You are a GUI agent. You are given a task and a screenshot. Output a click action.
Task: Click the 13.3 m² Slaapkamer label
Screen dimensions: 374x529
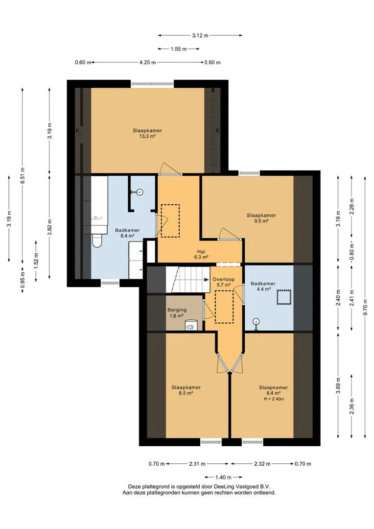pyautogui.click(x=147, y=133)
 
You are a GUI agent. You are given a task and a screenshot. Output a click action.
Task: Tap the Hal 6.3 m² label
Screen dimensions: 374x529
pyautogui.click(x=201, y=254)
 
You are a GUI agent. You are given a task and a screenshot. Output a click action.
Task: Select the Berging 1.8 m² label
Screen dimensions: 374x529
pyautogui.click(x=177, y=313)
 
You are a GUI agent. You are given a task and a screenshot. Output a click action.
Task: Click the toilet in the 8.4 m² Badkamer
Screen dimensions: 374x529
pyautogui.click(x=96, y=240)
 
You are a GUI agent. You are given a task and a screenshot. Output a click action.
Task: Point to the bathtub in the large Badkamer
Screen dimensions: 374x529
pyautogui.click(x=99, y=204)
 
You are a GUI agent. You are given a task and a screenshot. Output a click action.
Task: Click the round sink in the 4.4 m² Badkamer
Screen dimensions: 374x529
pyautogui.click(x=257, y=322)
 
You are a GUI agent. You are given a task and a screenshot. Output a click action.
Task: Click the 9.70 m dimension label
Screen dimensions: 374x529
pyautogui.click(x=365, y=308)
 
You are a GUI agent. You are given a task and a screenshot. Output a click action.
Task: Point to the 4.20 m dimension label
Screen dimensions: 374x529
pyautogui.click(x=147, y=62)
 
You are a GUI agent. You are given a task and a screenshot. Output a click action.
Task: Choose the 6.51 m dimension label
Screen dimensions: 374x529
pyautogui.click(x=22, y=175)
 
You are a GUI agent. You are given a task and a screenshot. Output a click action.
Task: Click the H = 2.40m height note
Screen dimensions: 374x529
pyautogui.click(x=274, y=399)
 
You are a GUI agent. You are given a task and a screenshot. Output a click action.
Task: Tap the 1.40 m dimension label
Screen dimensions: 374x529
pyautogui.click(x=223, y=477)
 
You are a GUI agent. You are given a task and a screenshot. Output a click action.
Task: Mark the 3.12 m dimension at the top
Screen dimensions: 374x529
pyautogui.click(x=200, y=35)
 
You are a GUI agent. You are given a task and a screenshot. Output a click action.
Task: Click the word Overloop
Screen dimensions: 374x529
pyautogui.click(x=223, y=279)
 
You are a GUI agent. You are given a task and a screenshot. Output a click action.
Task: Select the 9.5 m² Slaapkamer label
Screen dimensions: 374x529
pyautogui.click(x=261, y=218)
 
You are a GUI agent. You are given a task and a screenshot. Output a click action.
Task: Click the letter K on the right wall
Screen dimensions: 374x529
pyautogui.click(x=217, y=131)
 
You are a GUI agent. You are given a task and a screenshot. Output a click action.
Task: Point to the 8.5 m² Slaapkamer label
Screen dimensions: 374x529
pyautogui.click(x=186, y=390)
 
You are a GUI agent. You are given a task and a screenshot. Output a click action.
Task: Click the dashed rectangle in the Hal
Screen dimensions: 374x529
pyautogui.click(x=170, y=221)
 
